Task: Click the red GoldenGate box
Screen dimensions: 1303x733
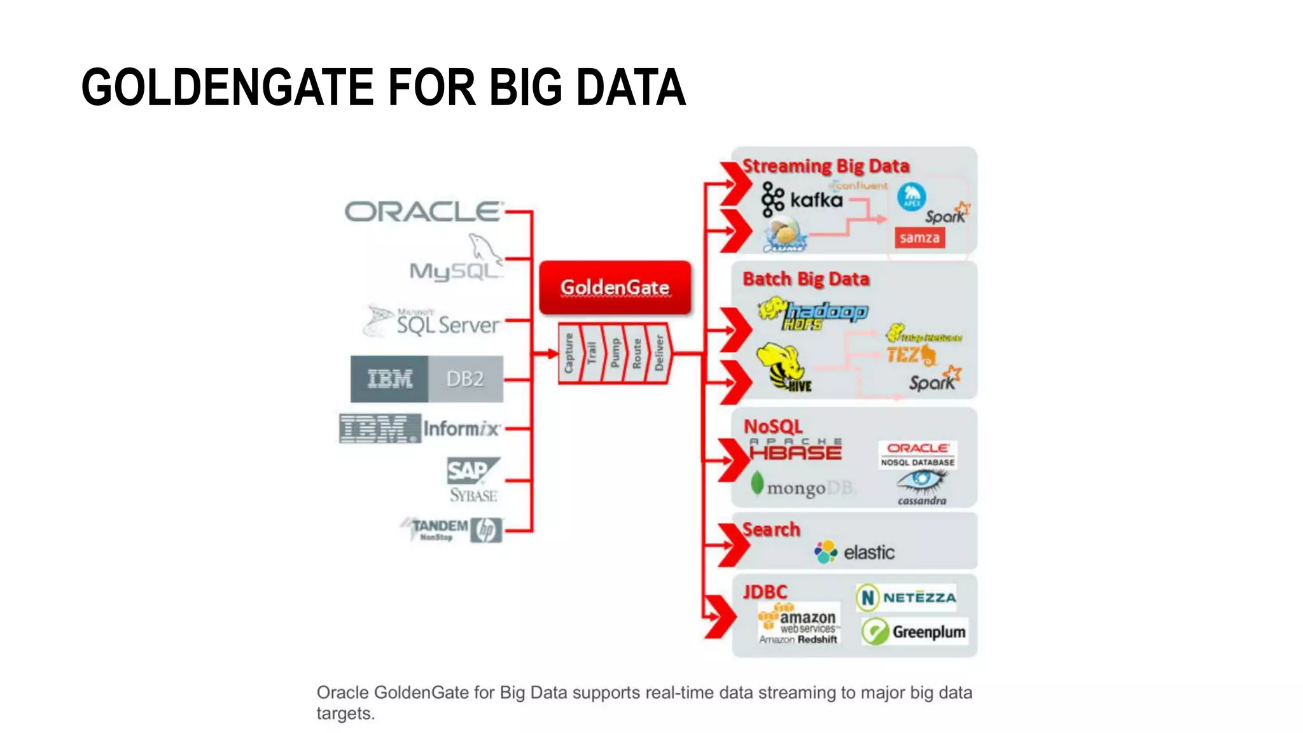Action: pos(615,287)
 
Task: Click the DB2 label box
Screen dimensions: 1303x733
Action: pos(465,379)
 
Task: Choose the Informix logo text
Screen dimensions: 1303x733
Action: pos(461,429)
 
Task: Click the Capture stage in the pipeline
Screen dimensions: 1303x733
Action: pos(569,353)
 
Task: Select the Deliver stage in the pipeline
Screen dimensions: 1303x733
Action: pos(659,353)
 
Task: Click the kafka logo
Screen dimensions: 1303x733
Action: pos(802,200)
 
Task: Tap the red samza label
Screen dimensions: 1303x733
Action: pos(919,238)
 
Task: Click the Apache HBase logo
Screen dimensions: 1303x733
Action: pos(795,449)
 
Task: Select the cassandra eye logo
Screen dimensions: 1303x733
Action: pos(921,486)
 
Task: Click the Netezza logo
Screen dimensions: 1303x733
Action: pos(907,597)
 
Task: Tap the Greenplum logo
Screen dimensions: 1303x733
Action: pos(914,632)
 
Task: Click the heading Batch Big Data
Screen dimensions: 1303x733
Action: pos(805,279)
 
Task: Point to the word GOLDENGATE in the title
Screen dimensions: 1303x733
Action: pos(227,87)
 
